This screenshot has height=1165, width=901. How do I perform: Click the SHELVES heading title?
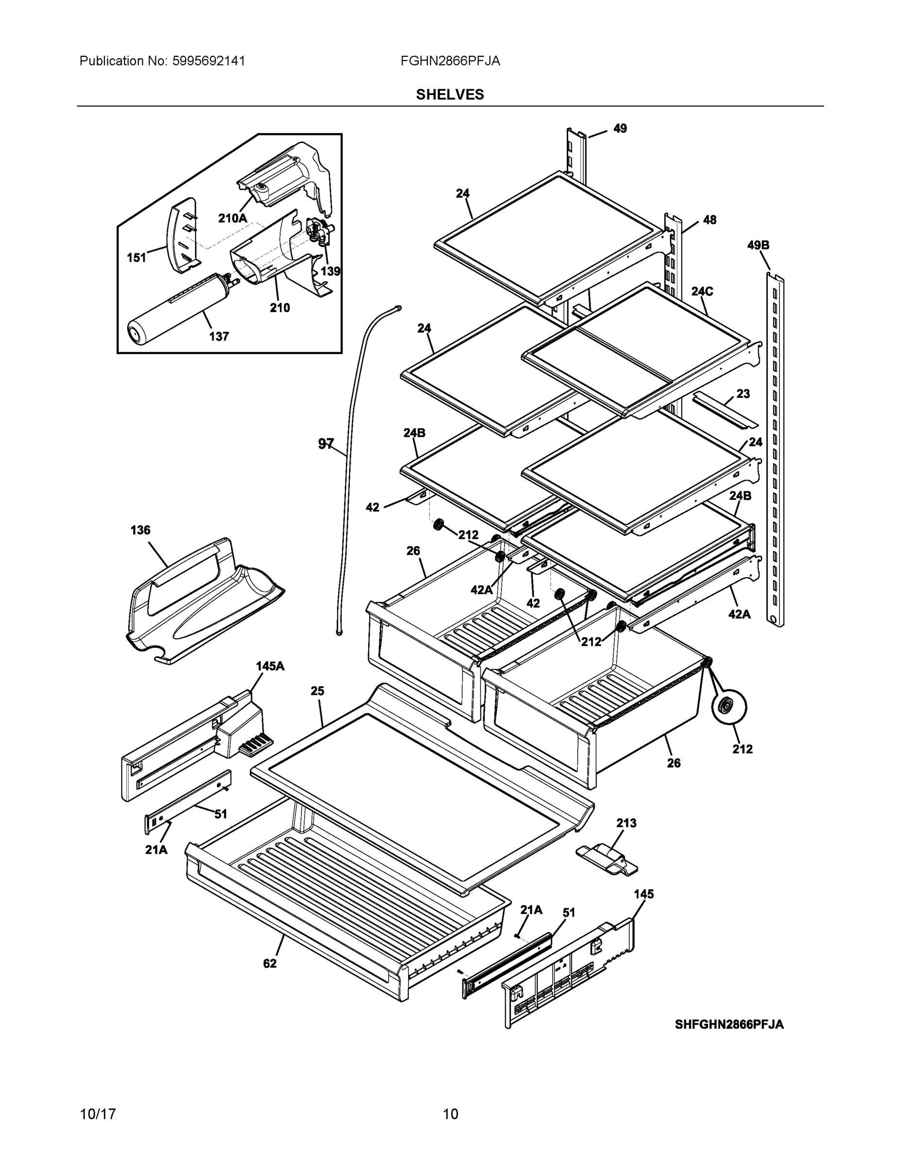(450, 95)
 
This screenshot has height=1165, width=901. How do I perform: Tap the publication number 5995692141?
(209, 61)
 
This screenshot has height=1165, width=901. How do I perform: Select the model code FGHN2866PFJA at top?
(450, 61)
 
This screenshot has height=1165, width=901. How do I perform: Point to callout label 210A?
(232, 217)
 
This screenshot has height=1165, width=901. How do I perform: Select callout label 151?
(136, 258)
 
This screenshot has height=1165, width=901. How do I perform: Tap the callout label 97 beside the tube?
(325, 444)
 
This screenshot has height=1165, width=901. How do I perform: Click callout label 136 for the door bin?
(140, 530)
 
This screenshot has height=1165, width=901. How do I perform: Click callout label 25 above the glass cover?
(317, 691)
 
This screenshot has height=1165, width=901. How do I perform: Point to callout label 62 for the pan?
(270, 964)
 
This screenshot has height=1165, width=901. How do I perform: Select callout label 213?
(626, 823)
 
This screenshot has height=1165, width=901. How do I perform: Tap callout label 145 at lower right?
(644, 894)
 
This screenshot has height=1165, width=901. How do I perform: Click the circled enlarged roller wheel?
(729, 707)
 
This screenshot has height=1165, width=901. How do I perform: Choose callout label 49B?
(758, 245)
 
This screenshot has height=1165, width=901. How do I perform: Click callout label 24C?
(702, 291)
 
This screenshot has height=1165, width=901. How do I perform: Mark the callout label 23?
(743, 394)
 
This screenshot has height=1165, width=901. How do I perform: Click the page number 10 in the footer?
(450, 1115)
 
